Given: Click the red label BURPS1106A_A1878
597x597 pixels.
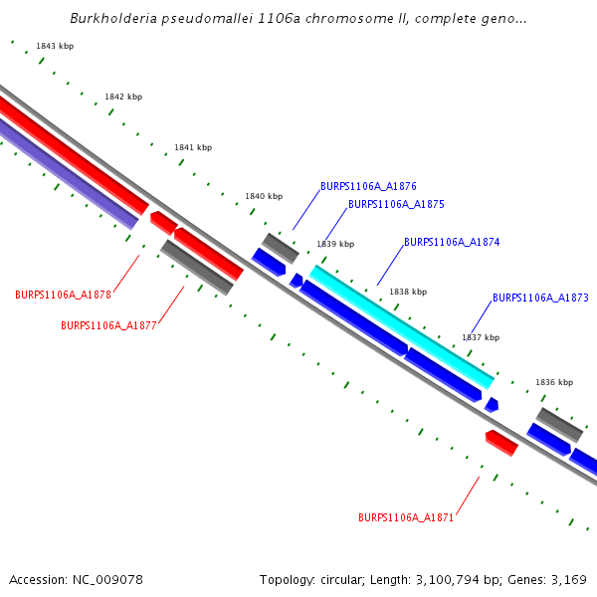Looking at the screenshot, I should tap(63, 295).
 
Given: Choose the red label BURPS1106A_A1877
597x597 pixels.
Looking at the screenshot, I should tap(108, 325).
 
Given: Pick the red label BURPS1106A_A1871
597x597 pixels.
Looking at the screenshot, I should tap(406, 517).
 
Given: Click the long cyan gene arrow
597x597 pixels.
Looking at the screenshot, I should tap(402, 326).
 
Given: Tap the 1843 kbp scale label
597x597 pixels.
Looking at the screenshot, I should tap(55, 47).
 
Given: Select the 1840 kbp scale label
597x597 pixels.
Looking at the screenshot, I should tap(264, 196).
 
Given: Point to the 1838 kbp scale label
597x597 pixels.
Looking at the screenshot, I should tap(408, 292).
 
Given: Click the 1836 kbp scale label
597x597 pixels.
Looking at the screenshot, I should tap(554, 382).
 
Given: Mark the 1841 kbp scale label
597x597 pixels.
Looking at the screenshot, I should tap(193, 147).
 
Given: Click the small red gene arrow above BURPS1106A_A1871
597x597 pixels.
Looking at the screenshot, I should tap(501, 442).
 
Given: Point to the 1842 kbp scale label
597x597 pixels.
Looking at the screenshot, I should tap(123, 97).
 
